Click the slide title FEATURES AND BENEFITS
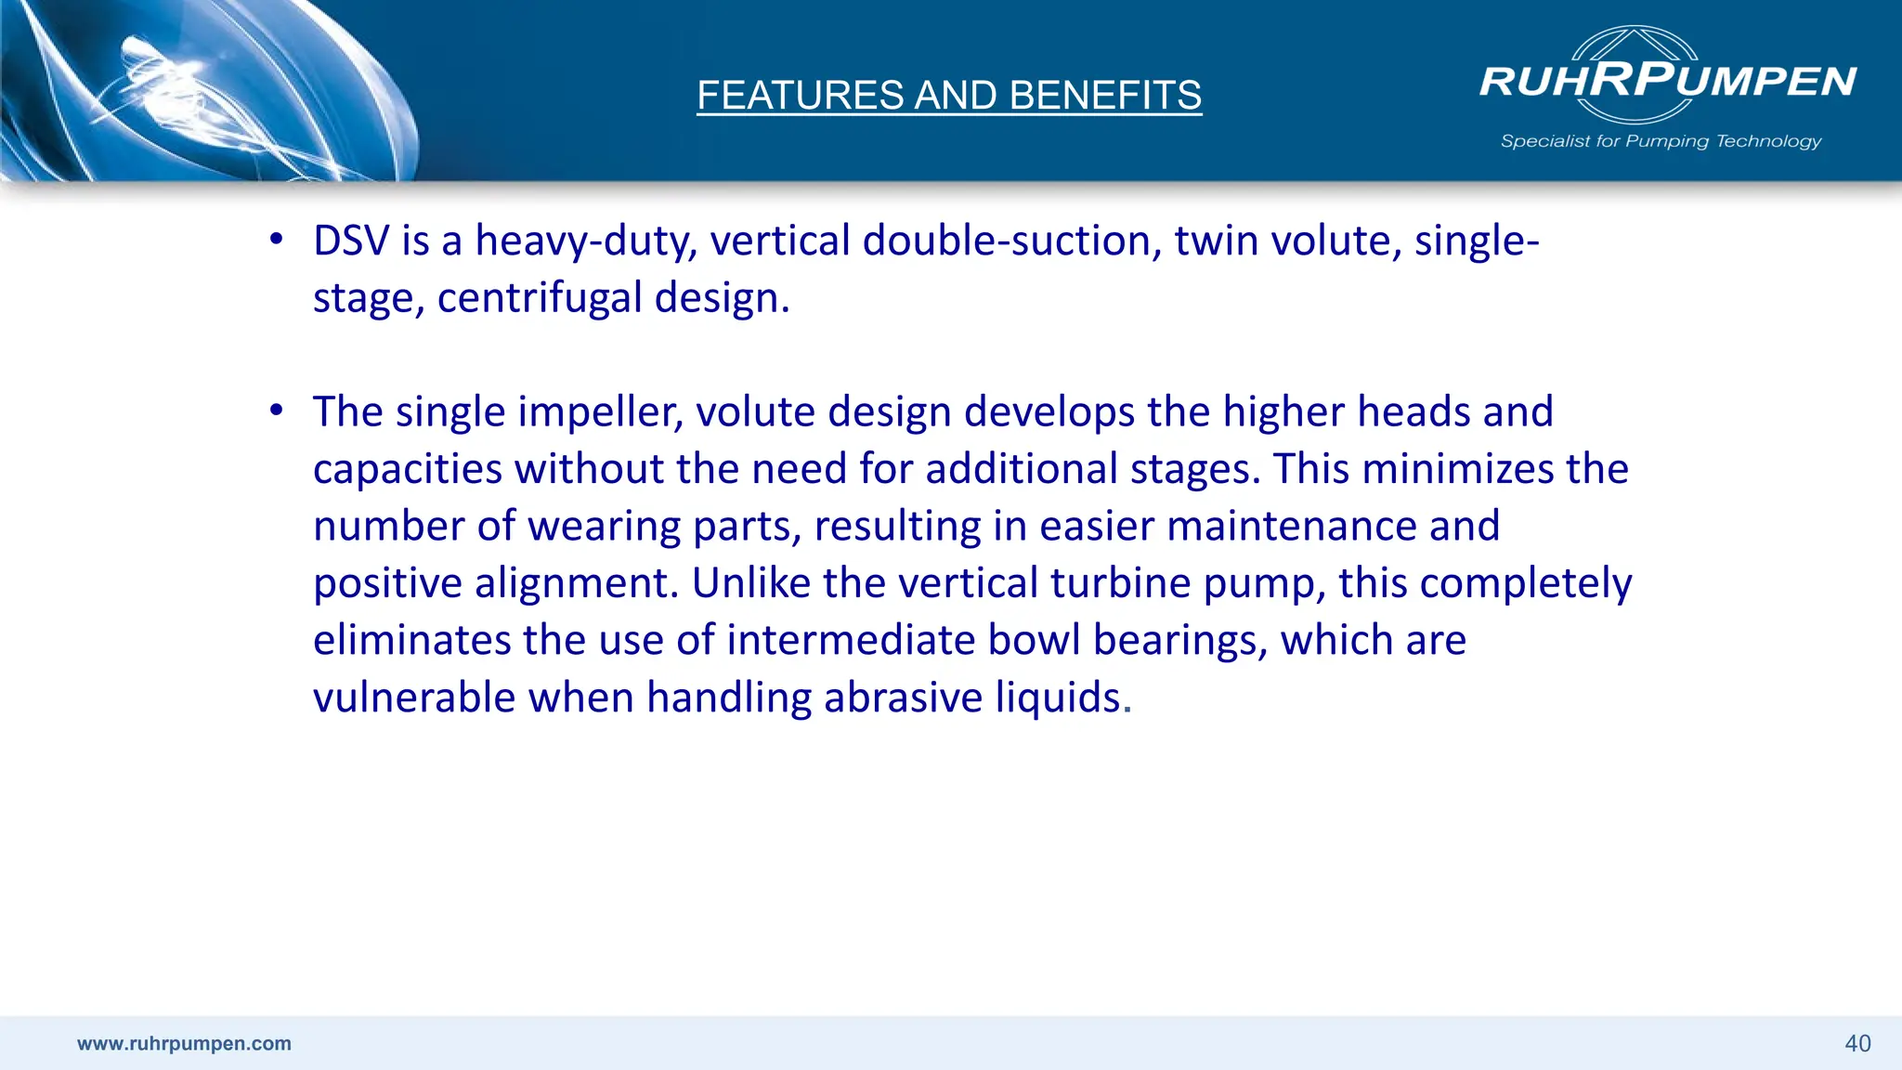point(949,96)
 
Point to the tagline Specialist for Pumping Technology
point(1661,141)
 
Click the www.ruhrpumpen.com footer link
point(184,1043)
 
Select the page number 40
point(1857,1043)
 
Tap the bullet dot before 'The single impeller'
point(276,411)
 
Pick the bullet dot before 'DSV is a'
point(276,240)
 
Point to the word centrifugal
point(540,298)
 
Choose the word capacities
point(408,470)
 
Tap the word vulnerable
point(414,698)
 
